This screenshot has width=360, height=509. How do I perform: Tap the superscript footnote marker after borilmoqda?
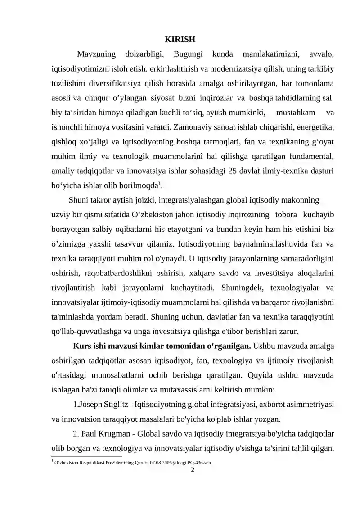pos(161,183)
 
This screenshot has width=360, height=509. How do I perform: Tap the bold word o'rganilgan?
pos(229,346)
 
